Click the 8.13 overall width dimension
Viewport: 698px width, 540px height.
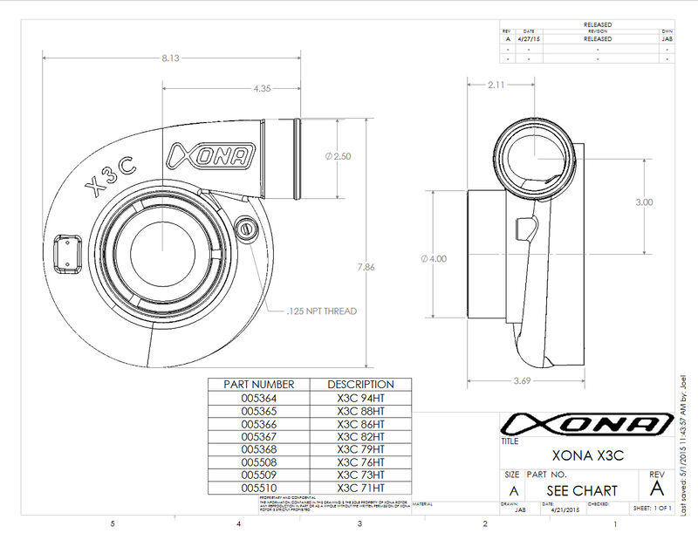click(x=170, y=58)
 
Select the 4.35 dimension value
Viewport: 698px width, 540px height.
click(x=262, y=88)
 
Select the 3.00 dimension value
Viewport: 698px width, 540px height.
click(x=644, y=202)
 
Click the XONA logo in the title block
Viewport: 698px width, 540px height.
click(x=582, y=425)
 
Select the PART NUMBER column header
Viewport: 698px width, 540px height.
click(x=259, y=384)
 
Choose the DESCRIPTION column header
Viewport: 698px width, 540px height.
click(x=360, y=384)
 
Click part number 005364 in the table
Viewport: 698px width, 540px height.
click(x=259, y=398)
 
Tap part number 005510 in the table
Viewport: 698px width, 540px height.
click(x=259, y=489)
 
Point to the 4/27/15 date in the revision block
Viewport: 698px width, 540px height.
click(x=530, y=38)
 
